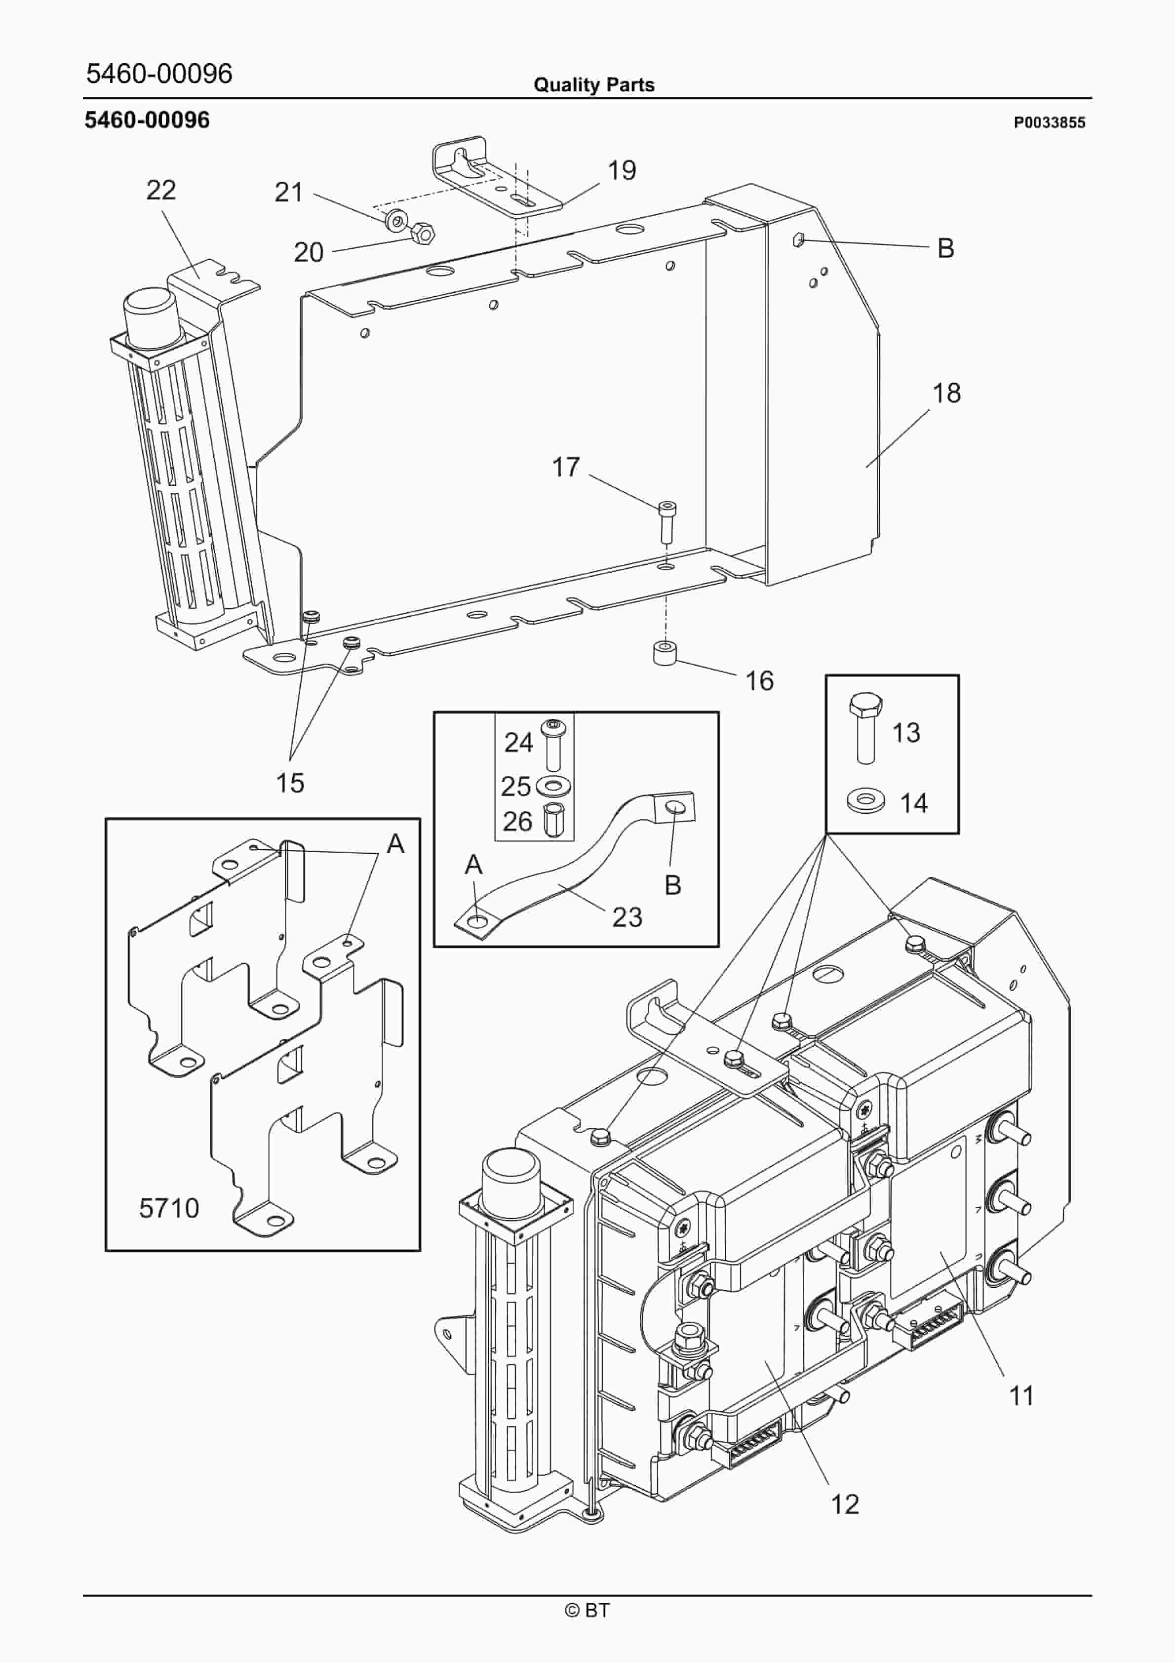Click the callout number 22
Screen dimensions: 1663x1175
point(161,191)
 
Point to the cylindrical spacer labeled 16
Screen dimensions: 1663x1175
point(665,653)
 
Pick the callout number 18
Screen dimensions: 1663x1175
point(946,394)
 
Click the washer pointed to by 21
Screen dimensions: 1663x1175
point(395,218)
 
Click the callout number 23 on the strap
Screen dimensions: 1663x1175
point(627,917)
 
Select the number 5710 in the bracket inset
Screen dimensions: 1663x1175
point(169,1208)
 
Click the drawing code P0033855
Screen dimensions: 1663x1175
point(1049,122)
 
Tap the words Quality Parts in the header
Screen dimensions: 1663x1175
point(593,85)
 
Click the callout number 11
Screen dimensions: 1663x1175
point(1021,1396)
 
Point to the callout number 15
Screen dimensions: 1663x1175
point(290,783)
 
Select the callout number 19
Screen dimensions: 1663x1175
point(622,171)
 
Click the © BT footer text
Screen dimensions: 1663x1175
point(587,1610)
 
